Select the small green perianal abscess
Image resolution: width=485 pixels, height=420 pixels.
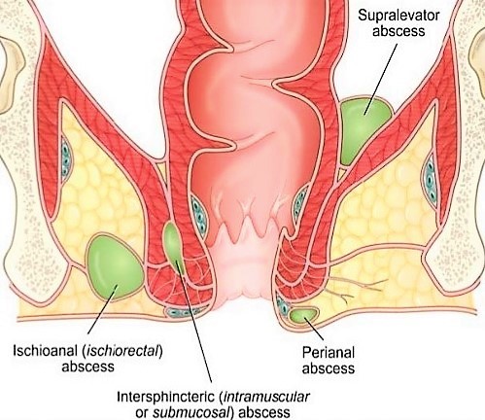click(303, 315)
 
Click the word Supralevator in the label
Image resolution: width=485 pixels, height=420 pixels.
click(398, 17)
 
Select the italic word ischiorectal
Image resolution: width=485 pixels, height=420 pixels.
click(121, 351)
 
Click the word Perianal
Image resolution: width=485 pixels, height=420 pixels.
click(329, 353)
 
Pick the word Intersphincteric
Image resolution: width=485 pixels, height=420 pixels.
click(166, 397)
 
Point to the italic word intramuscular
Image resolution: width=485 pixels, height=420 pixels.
click(265, 397)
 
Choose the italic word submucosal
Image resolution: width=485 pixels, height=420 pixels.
click(191, 412)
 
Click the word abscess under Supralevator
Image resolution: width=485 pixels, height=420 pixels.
click(398, 31)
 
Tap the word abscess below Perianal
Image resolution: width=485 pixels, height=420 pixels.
click(329, 368)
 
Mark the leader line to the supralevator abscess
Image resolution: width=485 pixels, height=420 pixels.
click(381, 80)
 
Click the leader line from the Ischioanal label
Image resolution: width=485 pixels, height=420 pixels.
click(102, 309)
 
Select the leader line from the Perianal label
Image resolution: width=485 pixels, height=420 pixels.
click(314, 329)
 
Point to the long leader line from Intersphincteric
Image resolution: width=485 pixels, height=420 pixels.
click(193, 321)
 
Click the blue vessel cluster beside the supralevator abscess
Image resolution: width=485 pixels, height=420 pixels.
click(431, 177)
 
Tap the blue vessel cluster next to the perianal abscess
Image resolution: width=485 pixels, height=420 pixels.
click(282, 305)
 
